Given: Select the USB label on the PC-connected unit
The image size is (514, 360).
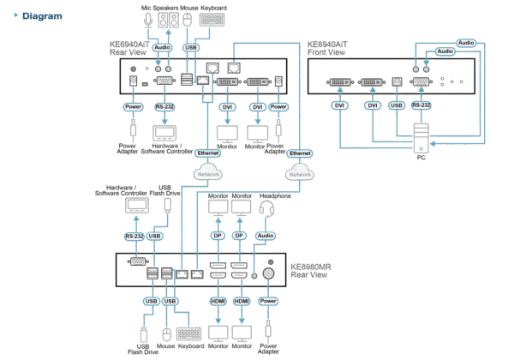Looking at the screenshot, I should (396, 105).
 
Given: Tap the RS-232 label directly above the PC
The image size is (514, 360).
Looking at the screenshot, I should (421, 105).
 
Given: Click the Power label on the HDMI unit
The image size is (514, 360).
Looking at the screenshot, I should (268, 301).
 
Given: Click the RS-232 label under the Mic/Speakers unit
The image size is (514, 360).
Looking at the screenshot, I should (163, 107).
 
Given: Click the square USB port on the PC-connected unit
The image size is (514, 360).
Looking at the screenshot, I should (397, 84).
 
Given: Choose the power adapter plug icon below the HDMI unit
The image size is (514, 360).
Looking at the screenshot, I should (268, 329).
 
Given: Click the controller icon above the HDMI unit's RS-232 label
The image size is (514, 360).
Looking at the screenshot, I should (136, 207).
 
